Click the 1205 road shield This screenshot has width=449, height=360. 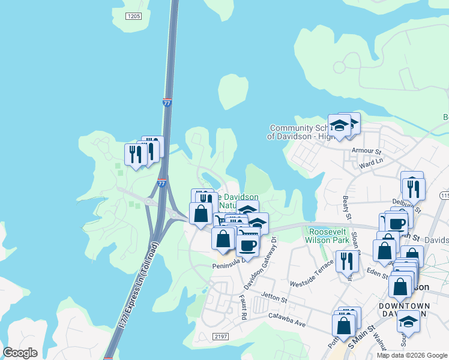click(x=133, y=15)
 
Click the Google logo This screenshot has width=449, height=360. click(x=20, y=353)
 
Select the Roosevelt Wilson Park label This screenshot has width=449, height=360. click(x=328, y=236)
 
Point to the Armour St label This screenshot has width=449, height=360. click(x=367, y=151)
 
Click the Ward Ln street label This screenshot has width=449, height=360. click(x=370, y=162)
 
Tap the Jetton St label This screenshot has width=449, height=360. click(x=274, y=296)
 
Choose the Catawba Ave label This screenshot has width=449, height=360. click(x=288, y=319)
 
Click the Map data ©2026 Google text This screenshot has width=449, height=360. click(x=412, y=355)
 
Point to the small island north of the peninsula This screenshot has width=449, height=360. click(x=233, y=91)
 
